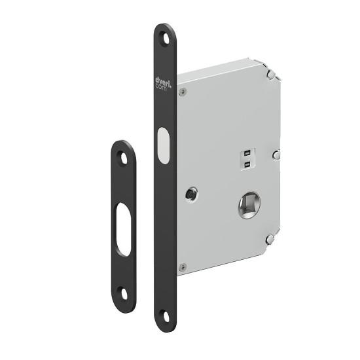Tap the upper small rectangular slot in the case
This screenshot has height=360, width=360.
[x=246, y=154]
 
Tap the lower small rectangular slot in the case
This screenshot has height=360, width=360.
[x=246, y=164]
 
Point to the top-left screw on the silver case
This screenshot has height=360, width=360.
[x=183, y=92]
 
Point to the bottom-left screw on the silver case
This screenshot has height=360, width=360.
[x=183, y=266]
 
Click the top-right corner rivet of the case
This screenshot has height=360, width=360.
[x=269, y=76]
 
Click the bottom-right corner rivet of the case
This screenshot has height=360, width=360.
[x=269, y=240]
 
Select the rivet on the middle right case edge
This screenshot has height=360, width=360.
[x=278, y=156]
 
